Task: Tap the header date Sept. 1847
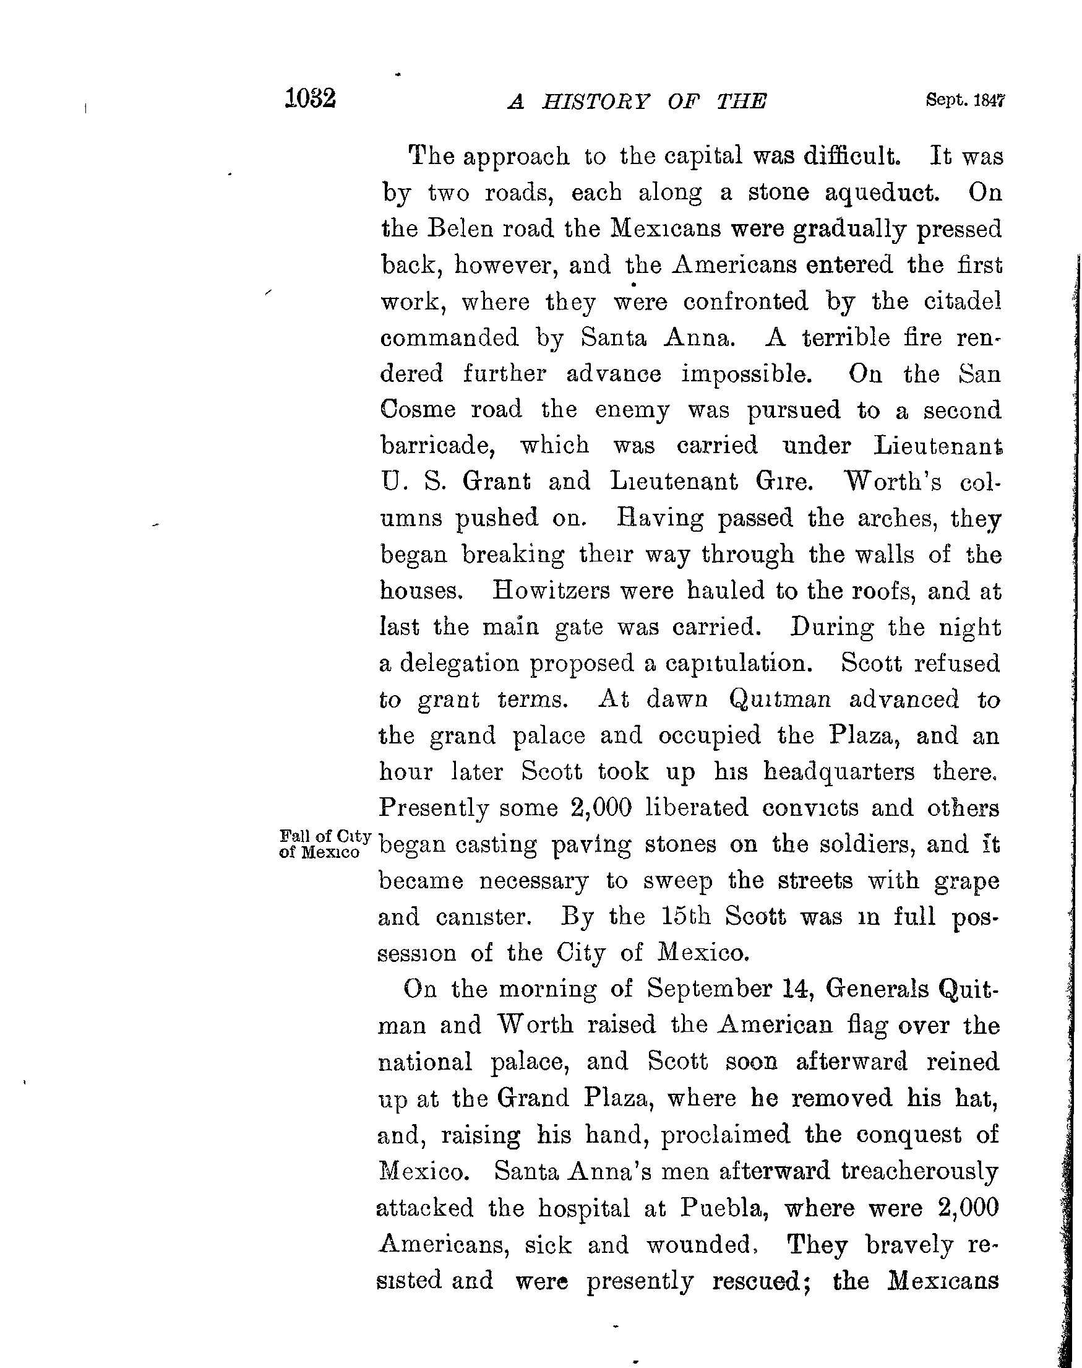click(x=965, y=100)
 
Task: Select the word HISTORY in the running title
click(x=596, y=102)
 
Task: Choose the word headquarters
click(x=839, y=771)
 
